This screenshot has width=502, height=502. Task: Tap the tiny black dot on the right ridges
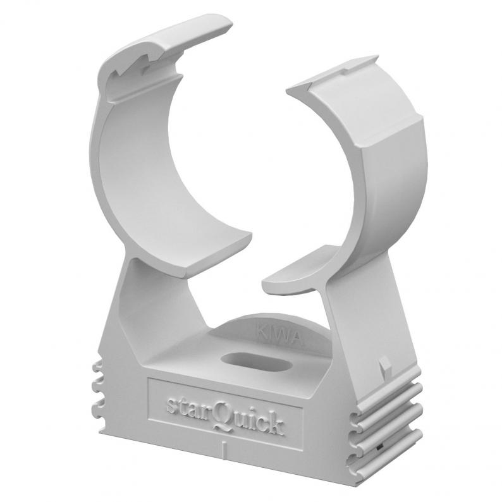click(x=379, y=446)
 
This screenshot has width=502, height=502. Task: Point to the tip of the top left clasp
click(x=228, y=21)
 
